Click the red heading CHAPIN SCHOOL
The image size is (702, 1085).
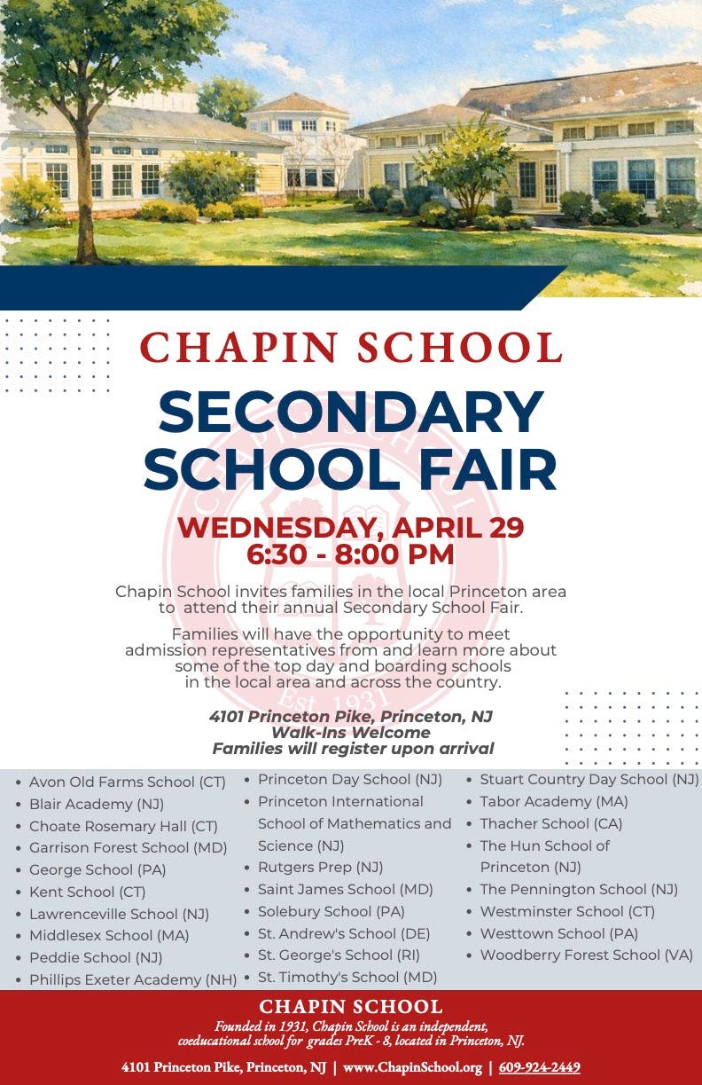[351, 347]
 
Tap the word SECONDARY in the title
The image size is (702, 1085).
[351, 413]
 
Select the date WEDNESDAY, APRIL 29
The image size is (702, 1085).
[351, 527]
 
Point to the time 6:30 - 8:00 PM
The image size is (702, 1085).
[351, 554]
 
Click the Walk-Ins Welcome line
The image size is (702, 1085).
[351, 732]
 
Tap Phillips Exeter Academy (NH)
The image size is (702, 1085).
[133, 979]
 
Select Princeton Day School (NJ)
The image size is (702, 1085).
[350, 779]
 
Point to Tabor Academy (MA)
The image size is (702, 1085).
[554, 801]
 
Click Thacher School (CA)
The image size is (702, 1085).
[551, 823]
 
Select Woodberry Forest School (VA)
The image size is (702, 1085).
[587, 955]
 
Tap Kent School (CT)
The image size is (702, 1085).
[87, 892]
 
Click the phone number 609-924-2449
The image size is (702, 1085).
[540, 1067]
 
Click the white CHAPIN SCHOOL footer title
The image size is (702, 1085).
[351, 1007]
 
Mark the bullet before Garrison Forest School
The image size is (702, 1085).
[19, 849]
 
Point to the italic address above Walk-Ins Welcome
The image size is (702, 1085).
[351, 716]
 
